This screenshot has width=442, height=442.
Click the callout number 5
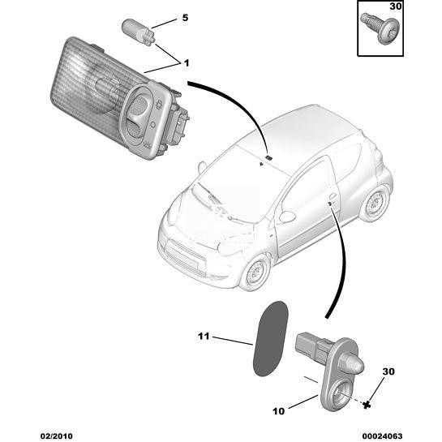pyautogui.click(x=185, y=18)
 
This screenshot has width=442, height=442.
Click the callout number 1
pyautogui.click(x=187, y=63)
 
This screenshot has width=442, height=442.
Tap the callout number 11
pyautogui.click(x=204, y=336)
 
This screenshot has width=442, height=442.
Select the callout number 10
pyautogui.click(x=278, y=411)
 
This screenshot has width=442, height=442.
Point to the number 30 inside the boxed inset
pyautogui.click(x=395, y=6)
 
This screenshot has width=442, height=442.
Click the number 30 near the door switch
pyautogui.click(x=388, y=371)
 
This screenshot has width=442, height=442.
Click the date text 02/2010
pyautogui.click(x=57, y=436)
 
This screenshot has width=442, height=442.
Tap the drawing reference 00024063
pyautogui.click(x=382, y=436)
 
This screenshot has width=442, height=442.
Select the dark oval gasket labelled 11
pyautogui.click(x=270, y=338)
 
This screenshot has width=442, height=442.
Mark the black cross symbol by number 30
pyautogui.click(x=367, y=406)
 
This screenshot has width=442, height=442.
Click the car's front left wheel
pyautogui.click(x=255, y=272)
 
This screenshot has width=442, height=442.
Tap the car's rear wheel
pyautogui.click(x=375, y=204)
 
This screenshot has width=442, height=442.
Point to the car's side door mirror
pyautogui.click(x=286, y=217)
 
